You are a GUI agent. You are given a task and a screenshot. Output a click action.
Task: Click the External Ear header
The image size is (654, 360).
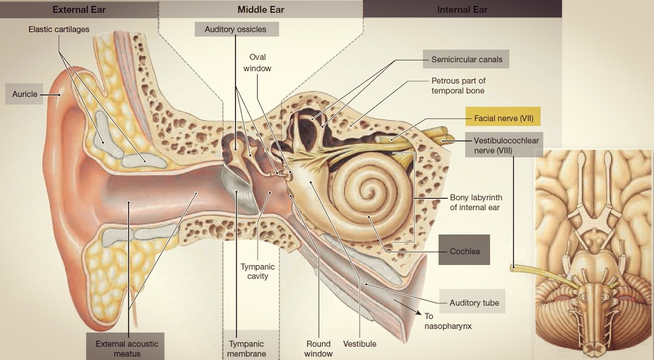(x=79, y=10)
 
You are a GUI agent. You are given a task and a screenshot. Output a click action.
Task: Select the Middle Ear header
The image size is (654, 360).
(x=261, y=10)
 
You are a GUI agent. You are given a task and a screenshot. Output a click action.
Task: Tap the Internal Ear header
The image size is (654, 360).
(x=462, y=10)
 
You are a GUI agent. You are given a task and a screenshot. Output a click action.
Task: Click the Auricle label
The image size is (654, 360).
(x=24, y=94)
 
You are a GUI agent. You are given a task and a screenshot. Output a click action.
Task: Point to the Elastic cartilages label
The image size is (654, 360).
(x=59, y=29)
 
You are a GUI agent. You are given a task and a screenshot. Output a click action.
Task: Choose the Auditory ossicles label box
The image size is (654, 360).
(x=235, y=29)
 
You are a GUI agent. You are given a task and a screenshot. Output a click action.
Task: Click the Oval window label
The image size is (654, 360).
(x=257, y=63)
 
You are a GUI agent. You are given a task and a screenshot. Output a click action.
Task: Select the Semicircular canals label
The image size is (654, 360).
(x=467, y=59)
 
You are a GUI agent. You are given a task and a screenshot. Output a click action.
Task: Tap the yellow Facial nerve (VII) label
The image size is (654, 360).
(x=503, y=118)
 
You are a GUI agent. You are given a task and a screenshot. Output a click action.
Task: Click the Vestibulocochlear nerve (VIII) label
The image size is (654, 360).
(x=506, y=145)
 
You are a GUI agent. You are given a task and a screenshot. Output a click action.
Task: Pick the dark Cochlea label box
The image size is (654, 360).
(x=464, y=251)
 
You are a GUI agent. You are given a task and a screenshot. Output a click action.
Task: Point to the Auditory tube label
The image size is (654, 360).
(x=474, y=302)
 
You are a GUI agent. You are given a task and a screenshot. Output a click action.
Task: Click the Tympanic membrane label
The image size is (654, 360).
(x=246, y=349)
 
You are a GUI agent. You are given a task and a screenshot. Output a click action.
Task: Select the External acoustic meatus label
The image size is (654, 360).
(x=127, y=349)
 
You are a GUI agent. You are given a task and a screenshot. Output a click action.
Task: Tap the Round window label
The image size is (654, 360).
(x=318, y=349)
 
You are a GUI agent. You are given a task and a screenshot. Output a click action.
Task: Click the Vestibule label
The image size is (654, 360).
(x=360, y=344)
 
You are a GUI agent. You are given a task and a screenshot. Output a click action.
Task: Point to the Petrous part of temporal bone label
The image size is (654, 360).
(x=458, y=85)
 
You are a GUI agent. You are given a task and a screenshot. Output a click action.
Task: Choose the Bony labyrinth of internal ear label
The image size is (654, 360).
(x=476, y=202)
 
